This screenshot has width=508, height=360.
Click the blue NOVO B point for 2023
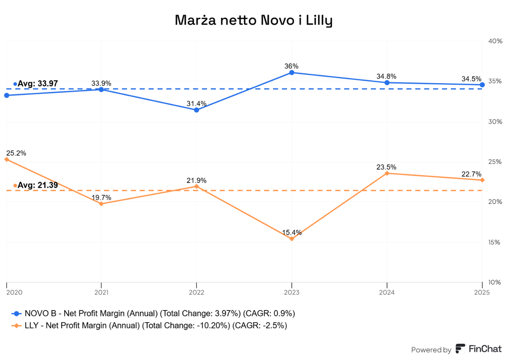(x=292, y=73)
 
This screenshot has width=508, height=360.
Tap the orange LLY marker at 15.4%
(x=292, y=239)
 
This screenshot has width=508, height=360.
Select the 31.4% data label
(x=196, y=104)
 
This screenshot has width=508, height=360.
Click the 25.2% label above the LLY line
(x=16, y=153)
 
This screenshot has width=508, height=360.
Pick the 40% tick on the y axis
(x=495, y=41)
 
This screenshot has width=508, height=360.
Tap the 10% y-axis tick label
(x=494, y=282)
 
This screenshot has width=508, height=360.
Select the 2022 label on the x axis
(x=196, y=292)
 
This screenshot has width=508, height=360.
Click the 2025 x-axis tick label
(x=482, y=292)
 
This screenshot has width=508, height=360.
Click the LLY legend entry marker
(x=16, y=326)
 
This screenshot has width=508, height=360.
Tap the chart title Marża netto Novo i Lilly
(x=254, y=20)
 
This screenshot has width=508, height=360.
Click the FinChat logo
(x=479, y=349)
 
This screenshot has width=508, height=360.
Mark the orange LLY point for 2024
(x=387, y=173)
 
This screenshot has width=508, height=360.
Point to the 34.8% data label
(x=386, y=76)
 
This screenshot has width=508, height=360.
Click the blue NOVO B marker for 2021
(x=102, y=89)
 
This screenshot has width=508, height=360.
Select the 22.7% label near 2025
(x=471, y=174)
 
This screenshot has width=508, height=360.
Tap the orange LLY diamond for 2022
(x=196, y=186)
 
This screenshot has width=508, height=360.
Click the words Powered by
(x=431, y=350)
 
